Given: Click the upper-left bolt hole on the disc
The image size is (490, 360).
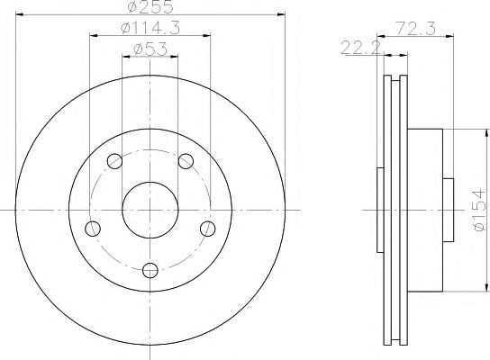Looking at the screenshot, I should point(114,161).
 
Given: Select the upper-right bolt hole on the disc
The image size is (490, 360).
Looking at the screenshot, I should point(186,161).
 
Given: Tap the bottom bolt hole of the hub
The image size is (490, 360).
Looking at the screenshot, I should point(150,267).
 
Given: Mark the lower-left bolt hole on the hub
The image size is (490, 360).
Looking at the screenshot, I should point(93,228).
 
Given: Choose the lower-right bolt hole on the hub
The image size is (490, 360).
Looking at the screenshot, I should point(207,228).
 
